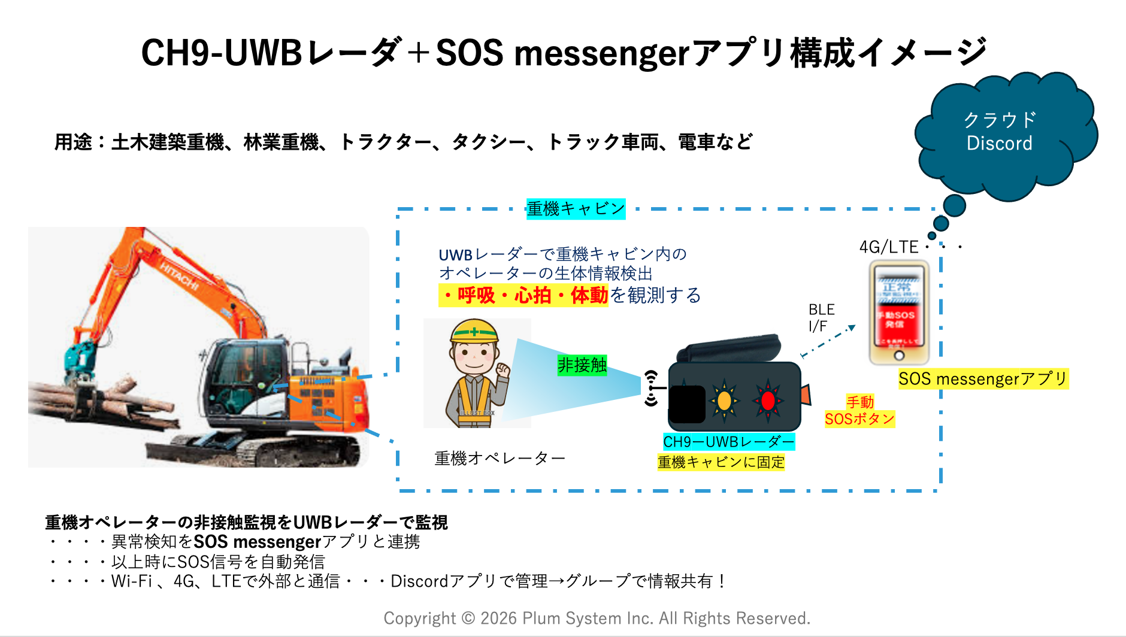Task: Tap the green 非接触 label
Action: (x=582, y=365)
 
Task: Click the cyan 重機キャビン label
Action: (x=576, y=209)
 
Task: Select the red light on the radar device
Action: (x=767, y=401)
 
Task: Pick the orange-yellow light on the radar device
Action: (x=724, y=400)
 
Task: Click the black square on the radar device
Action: (x=686, y=404)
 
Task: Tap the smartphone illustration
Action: (x=898, y=313)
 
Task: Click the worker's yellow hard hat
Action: (x=474, y=330)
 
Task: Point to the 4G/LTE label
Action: (x=888, y=247)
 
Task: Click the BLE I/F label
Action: (x=821, y=318)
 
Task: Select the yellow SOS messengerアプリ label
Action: (x=983, y=379)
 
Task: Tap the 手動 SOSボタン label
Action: (x=859, y=411)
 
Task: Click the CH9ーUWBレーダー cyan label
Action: (x=728, y=442)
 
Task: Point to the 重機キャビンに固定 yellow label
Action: (x=721, y=462)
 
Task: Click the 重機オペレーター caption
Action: (x=500, y=459)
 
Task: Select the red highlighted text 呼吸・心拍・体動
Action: (x=524, y=295)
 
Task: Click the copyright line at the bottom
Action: (x=597, y=618)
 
